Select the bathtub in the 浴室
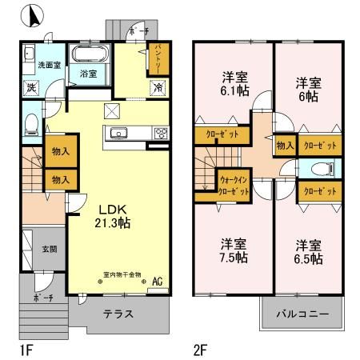pos(88,57)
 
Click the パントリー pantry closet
pos(158,58)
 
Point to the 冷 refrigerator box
pos(158,86)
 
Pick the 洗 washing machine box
pos(30,86)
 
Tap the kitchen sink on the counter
pos(118,134)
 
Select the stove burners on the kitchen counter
pos(159,134)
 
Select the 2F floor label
pos(201,350)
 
